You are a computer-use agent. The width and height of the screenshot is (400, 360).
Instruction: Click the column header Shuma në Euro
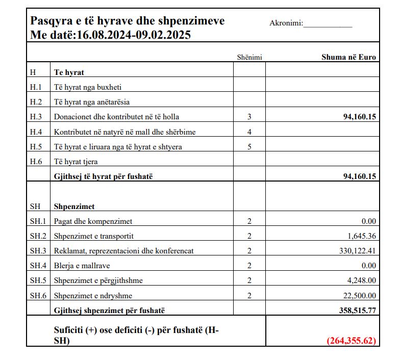[348, 57]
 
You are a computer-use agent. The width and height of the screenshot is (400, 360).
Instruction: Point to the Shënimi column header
[249, 57]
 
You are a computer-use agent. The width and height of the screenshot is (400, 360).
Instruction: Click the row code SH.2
[38, 236]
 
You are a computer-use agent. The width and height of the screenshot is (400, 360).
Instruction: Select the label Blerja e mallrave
[82, 266]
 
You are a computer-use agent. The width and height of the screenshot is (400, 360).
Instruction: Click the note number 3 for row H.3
[249, 117]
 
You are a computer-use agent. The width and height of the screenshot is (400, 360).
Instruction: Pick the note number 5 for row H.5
[249, 147]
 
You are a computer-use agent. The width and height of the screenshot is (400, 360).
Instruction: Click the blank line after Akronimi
[328, 24]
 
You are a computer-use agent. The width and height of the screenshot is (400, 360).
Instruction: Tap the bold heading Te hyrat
[69, 72]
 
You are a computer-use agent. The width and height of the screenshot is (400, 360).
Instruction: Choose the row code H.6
[36, 162]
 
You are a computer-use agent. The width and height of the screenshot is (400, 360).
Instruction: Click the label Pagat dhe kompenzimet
[93, 221]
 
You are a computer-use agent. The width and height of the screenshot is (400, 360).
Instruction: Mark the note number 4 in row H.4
[249, 132]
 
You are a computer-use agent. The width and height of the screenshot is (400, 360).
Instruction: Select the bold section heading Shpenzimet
[74, 207]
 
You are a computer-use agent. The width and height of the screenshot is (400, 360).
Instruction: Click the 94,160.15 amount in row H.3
[360, 117]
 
